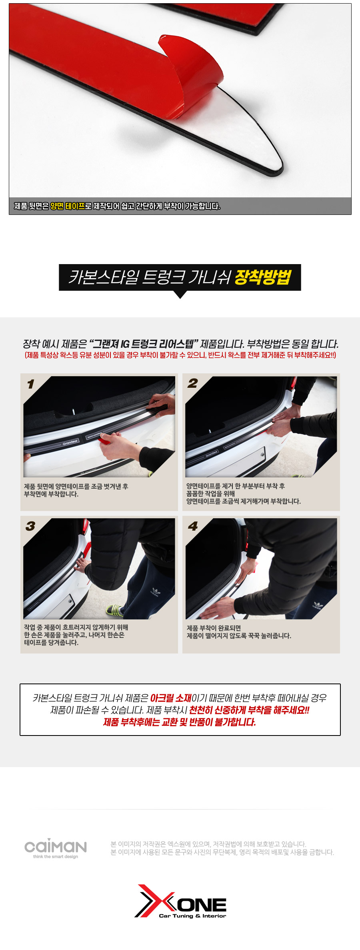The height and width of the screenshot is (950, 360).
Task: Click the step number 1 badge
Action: tap(31, 384)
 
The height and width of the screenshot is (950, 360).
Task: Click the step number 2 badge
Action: tap(193, 383)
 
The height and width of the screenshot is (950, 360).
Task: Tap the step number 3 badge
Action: tap(30, 526)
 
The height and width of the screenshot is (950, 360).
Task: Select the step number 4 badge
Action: tap(193, 526)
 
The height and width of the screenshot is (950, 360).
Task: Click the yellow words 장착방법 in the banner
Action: tap(263, 277)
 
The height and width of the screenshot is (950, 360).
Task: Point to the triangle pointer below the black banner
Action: tap(180, 295)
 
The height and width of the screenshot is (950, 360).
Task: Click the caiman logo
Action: tap(56, 846)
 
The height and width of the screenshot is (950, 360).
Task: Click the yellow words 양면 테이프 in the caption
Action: tap(68, 206)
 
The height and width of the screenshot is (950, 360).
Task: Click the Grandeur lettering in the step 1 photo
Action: tap(70, 443)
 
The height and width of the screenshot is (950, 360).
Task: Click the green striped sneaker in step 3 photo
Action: tap(115, 611)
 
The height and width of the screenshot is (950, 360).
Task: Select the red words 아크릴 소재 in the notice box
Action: tap(171, 698)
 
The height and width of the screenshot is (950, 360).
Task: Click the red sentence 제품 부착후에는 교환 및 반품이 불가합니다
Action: tap(180, 722)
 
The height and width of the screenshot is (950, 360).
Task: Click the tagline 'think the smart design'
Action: tap(56, 857)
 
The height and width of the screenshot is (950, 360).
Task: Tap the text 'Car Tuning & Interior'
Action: tap(192, 916)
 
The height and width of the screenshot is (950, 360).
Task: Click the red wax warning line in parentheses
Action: tap(180, 355)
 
